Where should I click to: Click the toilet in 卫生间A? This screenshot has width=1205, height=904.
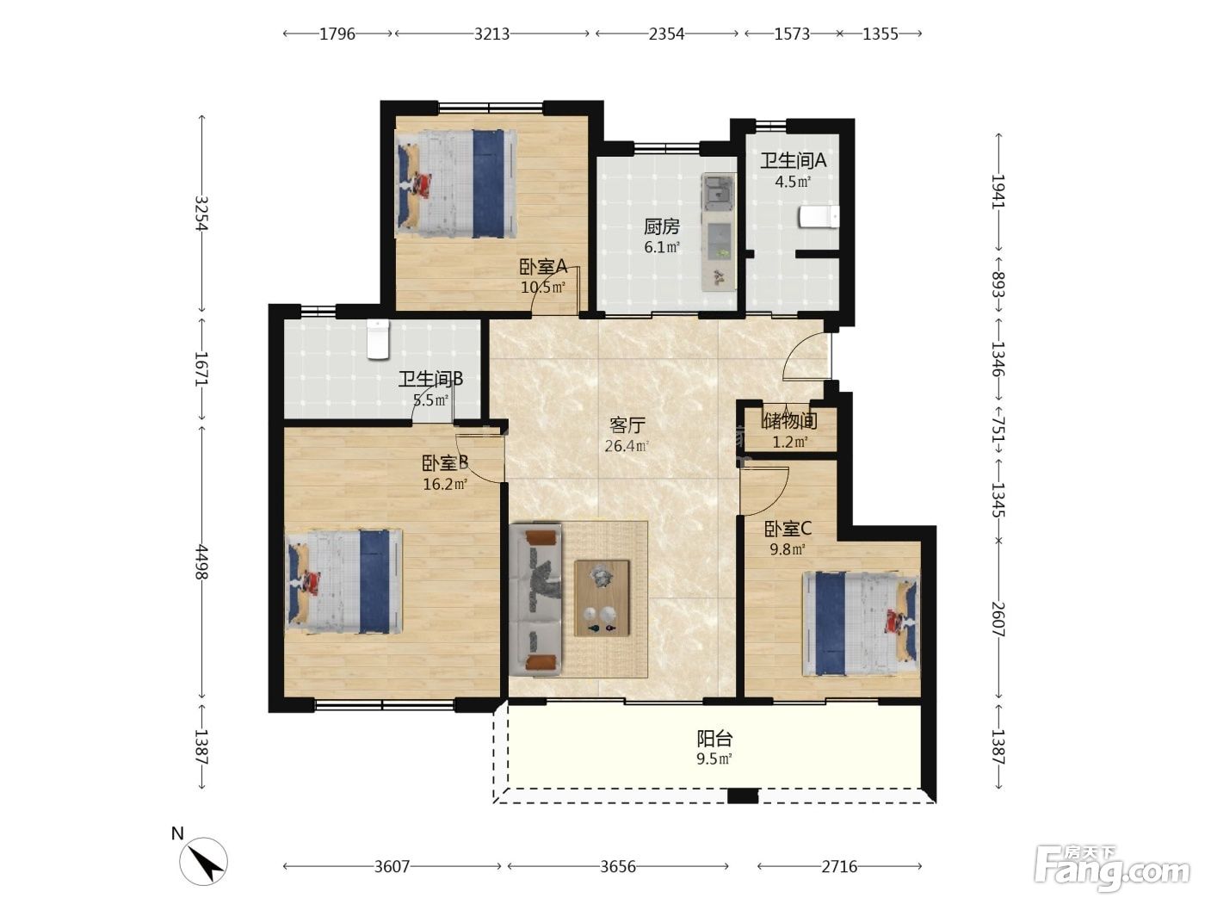click(x=819, y=217)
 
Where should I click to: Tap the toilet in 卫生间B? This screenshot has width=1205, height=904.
click(x=378, y=339)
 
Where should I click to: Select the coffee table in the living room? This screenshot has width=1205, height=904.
click(x=602, y=598)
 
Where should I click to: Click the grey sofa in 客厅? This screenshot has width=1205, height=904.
click(x=536, y=599)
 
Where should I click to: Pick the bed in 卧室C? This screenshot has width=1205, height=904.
click(x=860, y=625)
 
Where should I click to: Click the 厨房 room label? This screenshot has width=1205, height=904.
click(x=662, y=226)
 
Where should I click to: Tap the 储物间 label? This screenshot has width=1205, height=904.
click(x=789, y=421)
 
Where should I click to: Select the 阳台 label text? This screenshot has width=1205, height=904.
click(x=714, y=739)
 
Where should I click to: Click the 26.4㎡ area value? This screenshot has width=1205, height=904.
click(x=627, y=446)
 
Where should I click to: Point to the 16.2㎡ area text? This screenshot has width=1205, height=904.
click(x=445, y=484)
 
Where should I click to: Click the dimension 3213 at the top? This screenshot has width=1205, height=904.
click(x=491, y=34)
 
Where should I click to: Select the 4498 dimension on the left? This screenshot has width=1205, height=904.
click(x=201, y=561)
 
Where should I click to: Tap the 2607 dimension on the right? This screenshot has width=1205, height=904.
click(x=998, y=620)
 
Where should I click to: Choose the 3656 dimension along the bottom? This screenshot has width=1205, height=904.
click(x=618, y=866)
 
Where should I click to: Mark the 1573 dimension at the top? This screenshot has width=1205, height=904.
click(x=792, y=34)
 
